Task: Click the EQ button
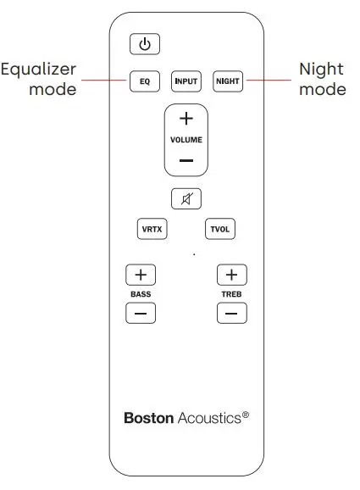[144, 81]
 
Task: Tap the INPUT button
[186, 81]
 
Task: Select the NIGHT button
[228, 81]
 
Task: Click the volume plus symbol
[186, 118]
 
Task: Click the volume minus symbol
[186, 160]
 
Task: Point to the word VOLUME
[186, 139]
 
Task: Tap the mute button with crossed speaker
[186, 199]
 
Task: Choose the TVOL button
[219, 229]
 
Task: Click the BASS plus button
[141, 275]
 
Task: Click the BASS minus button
[141, 314]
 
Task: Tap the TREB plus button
[231, 275]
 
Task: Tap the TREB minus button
[231, 314]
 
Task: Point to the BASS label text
[141, 294]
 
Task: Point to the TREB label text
[231, 294]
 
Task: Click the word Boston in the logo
[149, 418]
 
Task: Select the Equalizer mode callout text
[39, 79]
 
